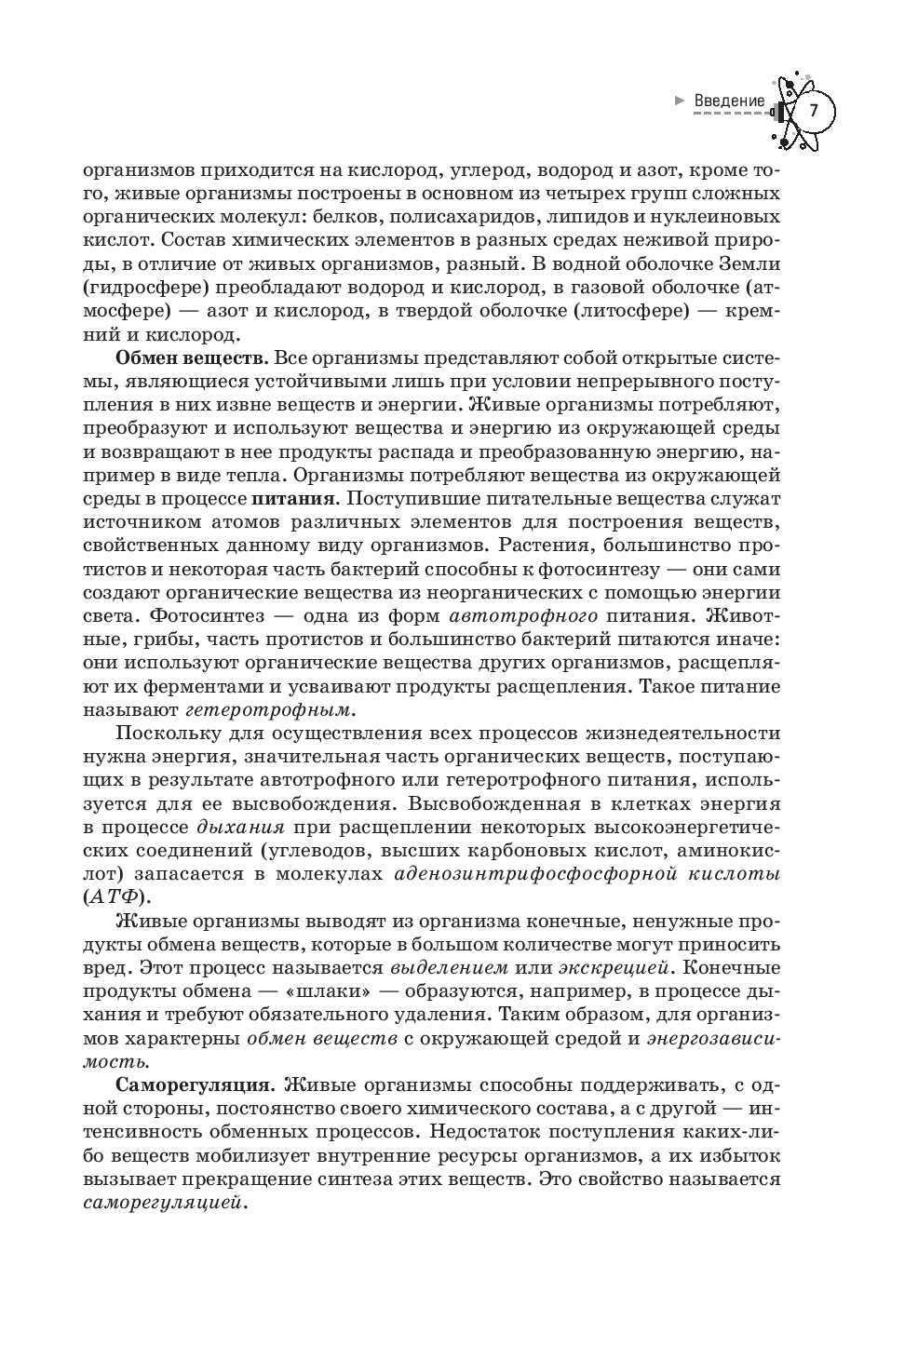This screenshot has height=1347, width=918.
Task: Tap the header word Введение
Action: [730, 101]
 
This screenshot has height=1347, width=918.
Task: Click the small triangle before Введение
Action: [680, 101]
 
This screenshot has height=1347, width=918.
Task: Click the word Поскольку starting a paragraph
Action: [165, 733]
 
